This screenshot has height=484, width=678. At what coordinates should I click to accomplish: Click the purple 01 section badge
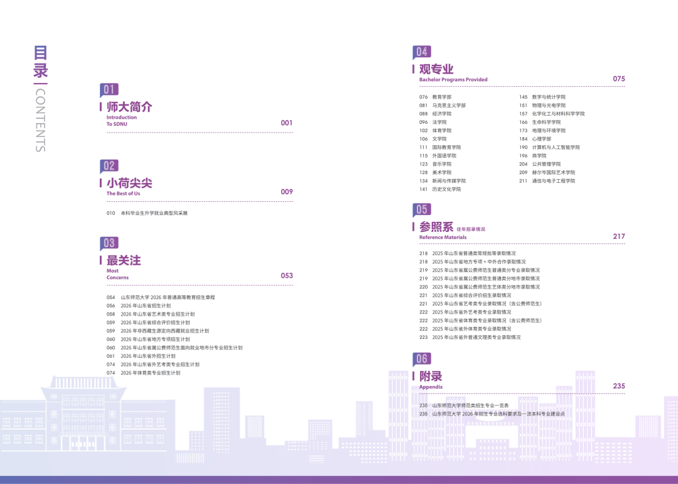click(x=109, y=90)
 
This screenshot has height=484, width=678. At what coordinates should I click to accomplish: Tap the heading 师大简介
click(x=129, y=107)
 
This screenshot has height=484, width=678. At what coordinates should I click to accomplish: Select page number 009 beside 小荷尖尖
click(x=287, y=192)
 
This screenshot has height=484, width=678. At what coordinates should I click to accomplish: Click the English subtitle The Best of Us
click(x=123, y=194)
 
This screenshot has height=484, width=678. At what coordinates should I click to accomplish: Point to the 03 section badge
click(x=109, y=243)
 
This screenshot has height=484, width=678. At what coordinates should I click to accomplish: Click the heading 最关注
click(x=124, y=261)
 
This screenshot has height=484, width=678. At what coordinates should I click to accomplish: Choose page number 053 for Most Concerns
click(x=287, y=276)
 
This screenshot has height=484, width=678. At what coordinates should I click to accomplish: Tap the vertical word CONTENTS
click(x=41, y=120)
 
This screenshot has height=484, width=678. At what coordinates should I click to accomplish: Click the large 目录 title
click(x=41, y=62)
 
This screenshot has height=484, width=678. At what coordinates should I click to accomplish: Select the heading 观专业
click(x=436, y=69)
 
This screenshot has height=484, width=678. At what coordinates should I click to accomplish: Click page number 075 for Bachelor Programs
click(x=619, y=79)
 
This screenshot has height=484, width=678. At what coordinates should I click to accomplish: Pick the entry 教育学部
click(x=442, y=97)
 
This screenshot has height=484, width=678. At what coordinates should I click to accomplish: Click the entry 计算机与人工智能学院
click(x=556, y=147)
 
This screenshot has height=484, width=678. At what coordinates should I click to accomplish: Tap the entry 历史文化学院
click(x=447, y=189)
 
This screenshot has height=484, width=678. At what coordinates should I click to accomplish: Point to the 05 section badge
click(x=422, y=210)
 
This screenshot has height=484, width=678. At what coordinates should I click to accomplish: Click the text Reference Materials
click(x=443, y=237)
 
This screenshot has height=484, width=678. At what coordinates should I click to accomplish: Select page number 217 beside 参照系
click(x=619, y=236)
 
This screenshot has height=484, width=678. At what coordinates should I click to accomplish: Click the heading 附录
click(x=431, y=377)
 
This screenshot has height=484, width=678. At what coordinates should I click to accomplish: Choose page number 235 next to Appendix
click(x=619, y=386)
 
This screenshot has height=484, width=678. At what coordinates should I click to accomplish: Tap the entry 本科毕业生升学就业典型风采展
click(x=154, y=213)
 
